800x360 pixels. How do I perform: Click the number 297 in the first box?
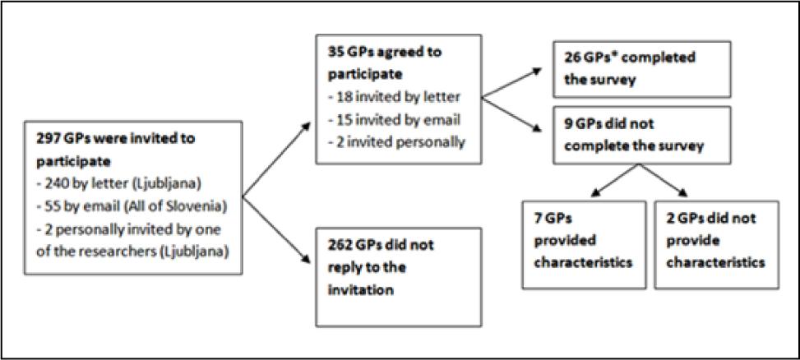(x=44, y=138)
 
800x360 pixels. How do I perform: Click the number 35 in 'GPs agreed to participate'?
(x=331, y=52)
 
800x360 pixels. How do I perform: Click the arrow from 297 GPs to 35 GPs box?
(x=276, y=159)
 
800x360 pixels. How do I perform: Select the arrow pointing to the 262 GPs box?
(x=276, y=229)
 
